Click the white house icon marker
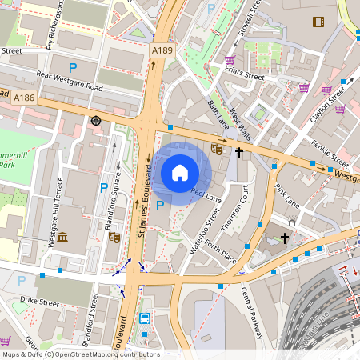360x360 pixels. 180,172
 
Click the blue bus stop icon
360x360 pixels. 146,318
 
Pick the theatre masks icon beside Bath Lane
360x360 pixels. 216,148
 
